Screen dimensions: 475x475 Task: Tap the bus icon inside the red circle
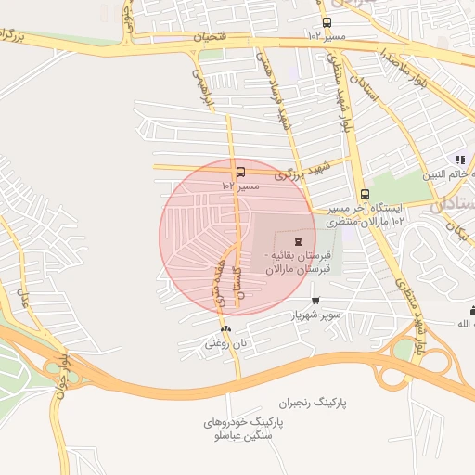(x=241, y=172)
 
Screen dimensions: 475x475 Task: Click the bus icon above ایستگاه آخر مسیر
(x=365, y=195)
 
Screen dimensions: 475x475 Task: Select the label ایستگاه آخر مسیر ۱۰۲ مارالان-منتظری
(x=366, y=215)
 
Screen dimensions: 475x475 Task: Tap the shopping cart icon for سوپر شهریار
(x=316, y=300)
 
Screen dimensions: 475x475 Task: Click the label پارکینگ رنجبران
(x=303, y=404)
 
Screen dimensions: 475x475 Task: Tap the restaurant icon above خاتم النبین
(x=460, y=160)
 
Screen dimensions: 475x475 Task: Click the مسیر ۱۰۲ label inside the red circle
(x=240, y=186)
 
